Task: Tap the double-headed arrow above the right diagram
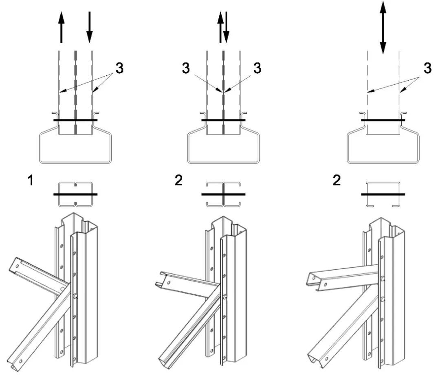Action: click(383, 28)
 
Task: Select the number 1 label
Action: click(30, 181)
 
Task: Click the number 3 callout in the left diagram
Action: click(119, 69)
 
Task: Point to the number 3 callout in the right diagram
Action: click(427, 69)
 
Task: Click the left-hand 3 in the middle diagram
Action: click(186, 69)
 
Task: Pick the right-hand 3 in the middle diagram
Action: click(257, 69)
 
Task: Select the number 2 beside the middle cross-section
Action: click(178, 181)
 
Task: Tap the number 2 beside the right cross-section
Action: click(337, 181)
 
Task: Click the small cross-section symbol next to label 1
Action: click(75, 194)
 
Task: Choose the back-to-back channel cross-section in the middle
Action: click(223, 194)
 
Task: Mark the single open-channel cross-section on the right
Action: click(383, 194)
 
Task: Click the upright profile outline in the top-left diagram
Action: click(75, 147)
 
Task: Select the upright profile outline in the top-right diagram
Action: click(383, 147)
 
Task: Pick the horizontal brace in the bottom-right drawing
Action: click(342, 277)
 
